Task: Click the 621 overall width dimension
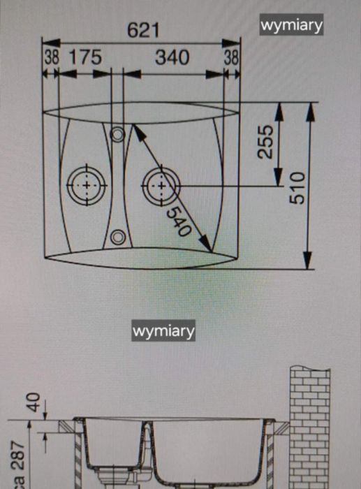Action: (x=143, y=31)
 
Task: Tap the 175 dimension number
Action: (x=85, y=57)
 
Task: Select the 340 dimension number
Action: (x=172, y=57)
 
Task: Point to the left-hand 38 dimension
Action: (x=51, y=57)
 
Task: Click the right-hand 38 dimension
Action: (x=231, y=57)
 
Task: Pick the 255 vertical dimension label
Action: (x=265, y=142)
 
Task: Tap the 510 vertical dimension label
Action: (x=297, y=188)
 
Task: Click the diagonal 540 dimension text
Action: (x=179, y=221)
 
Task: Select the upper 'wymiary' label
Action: (x=291, y=24)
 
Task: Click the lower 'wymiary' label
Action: (x=163, y=330)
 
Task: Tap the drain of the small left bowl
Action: (x=87, y=186)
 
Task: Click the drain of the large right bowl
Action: (x=161, y=187)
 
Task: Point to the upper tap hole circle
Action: (x=117, y=135)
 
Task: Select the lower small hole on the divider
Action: (x=118, y=237)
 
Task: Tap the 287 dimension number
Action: (x=18, y=455)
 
